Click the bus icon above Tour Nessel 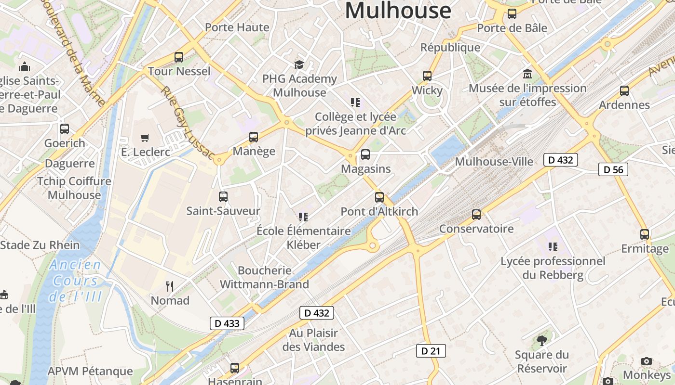click(179, 57)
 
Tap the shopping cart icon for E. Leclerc click(145, 138)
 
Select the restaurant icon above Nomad click(170, 286)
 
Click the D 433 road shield click(227, 323)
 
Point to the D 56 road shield click(613, 169)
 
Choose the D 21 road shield click(431, 351)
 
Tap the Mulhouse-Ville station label click(494, 161)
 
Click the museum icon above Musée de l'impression click(527, 75)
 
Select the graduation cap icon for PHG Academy click(299, 64)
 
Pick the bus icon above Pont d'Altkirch click(379, 197)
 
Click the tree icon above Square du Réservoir click(542, 341)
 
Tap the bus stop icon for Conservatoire click(476, 215)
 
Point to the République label click(450, 47)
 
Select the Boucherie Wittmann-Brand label click(264, 277)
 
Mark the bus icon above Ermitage click(645, 234)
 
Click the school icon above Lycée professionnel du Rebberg click(553, 247)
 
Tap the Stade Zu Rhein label click(40, 245)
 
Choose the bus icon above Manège click(254, 137)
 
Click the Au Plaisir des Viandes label click(313, 340)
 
